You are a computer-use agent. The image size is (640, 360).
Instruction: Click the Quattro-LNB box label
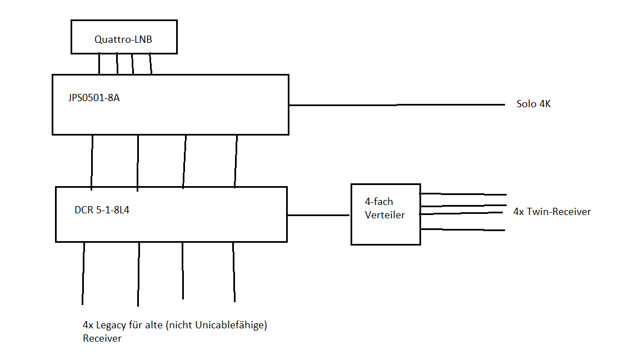pos(124,39)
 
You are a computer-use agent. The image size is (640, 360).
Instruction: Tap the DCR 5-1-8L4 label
pos(102,211)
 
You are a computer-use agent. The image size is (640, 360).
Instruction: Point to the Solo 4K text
pos(533,104)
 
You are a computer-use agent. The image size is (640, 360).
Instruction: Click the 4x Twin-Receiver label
pos(552,212)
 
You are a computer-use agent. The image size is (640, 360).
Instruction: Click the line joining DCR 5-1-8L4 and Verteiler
pos(318,215)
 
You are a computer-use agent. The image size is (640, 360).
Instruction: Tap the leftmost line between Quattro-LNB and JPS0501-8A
pos(99,64)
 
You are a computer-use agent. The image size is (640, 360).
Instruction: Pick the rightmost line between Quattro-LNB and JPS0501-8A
pos(151,64)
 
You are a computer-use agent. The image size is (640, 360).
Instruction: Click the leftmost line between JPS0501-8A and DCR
pos(92,161)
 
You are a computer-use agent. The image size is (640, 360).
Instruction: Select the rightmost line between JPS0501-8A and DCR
pos(236,161)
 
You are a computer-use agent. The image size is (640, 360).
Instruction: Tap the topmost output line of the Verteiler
pos(463,194)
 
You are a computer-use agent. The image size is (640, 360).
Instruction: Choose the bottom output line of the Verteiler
pos(462,229)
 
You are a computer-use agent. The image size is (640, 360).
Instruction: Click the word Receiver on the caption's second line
pos(102,338)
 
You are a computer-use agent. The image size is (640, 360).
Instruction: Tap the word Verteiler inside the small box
pos(384,215)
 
